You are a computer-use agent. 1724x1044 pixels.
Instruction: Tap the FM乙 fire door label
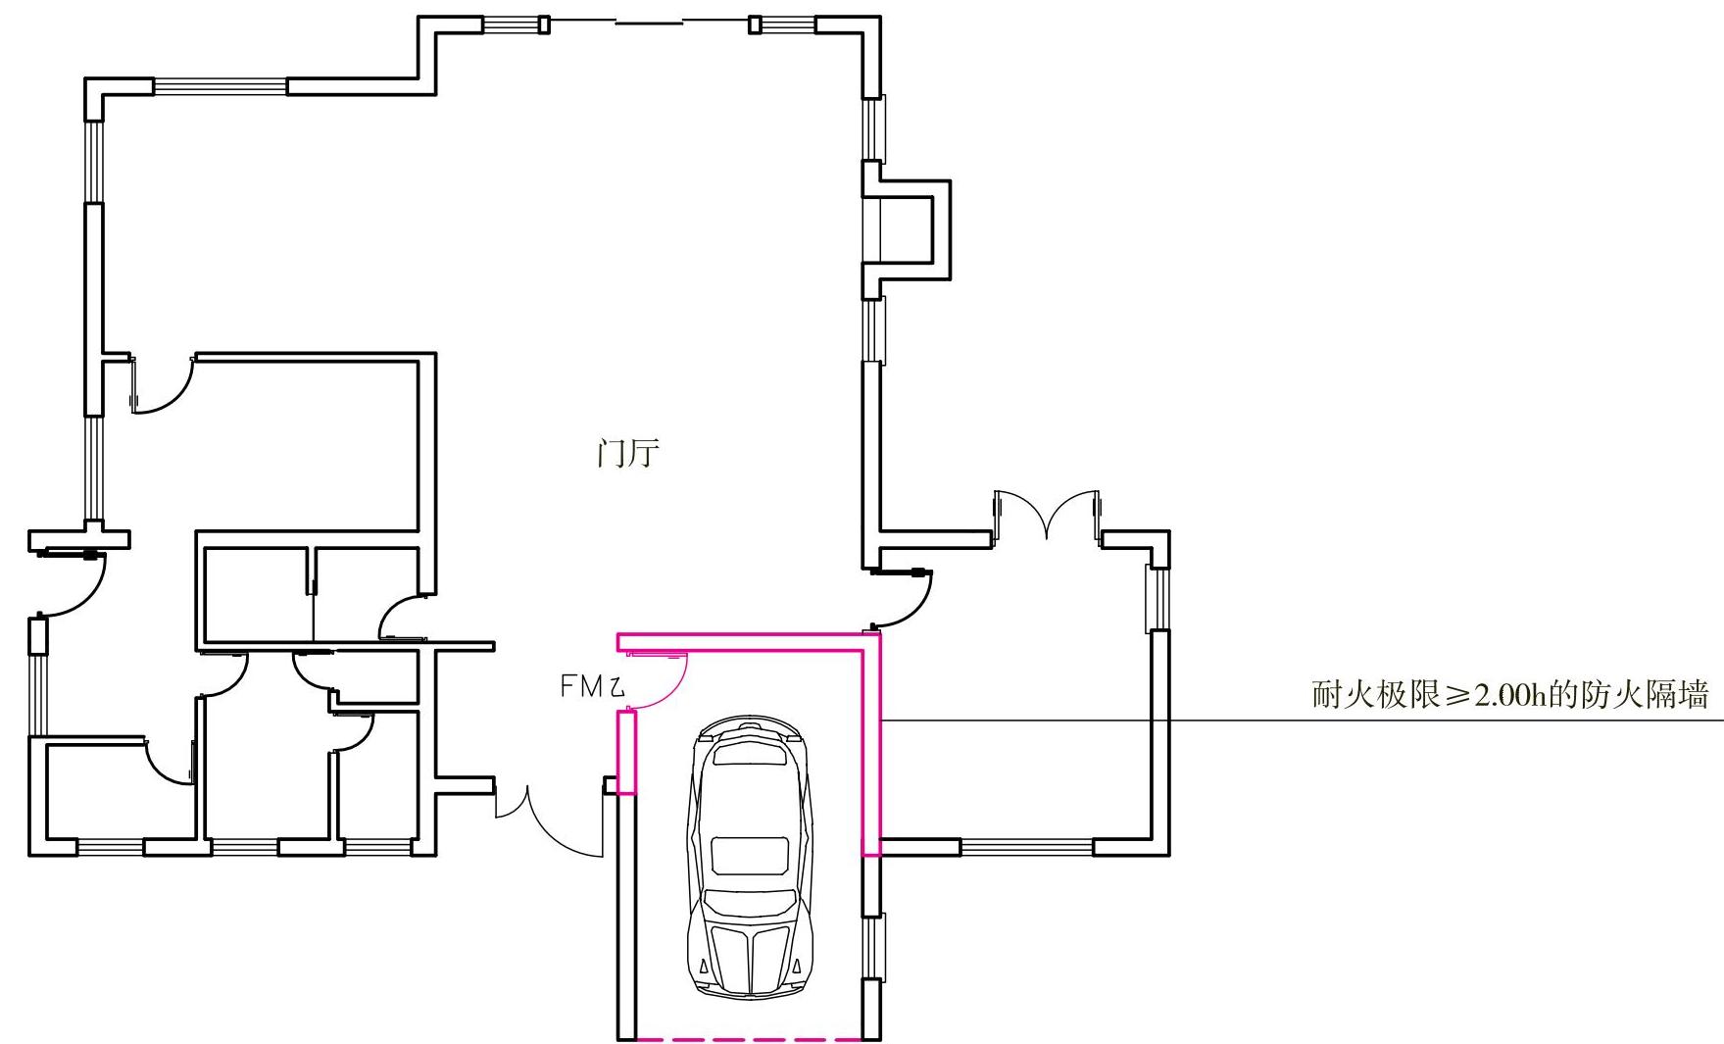(592, 687)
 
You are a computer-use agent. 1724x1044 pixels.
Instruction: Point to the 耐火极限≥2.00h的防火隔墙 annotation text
(1509, 695)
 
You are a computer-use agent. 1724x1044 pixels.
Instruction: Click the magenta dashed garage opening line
(749, 1038)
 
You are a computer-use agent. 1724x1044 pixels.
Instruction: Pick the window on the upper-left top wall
(220, 86)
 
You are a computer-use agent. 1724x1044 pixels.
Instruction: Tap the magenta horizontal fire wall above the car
(745, 642)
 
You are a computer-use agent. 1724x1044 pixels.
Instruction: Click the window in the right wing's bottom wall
(1027, 847)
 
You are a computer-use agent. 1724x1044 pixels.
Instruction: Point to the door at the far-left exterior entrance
(69, 583)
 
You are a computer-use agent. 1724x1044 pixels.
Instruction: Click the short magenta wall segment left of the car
(626, 752)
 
